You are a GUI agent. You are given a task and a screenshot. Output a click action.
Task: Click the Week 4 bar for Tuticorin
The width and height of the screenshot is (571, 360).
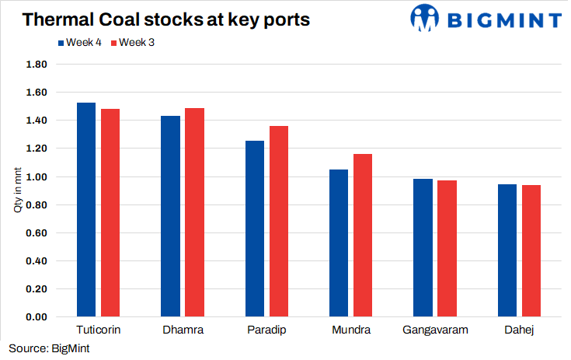(86, 210)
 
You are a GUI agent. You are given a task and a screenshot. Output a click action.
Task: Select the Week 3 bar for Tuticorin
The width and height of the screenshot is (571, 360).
(110, 213)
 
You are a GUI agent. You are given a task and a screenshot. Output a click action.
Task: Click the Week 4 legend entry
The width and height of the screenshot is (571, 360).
(81, 42)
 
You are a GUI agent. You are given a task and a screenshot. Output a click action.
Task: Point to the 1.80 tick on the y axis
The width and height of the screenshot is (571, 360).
(36, 65)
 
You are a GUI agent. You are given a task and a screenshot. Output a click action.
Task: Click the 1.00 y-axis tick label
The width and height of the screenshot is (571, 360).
(36, 177)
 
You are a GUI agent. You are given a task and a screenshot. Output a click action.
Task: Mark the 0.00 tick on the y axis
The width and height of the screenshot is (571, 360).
(36, 317)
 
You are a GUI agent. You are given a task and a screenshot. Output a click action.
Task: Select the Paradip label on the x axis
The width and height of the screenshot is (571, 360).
(266, 330)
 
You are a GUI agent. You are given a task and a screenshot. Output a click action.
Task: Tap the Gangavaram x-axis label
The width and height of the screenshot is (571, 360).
(435, 330)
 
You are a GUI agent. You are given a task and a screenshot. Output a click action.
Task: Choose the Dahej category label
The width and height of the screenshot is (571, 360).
(519, 330)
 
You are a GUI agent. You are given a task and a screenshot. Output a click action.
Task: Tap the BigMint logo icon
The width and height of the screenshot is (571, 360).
(426, 18)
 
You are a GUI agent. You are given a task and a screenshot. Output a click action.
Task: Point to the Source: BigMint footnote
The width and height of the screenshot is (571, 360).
(49, 348)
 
